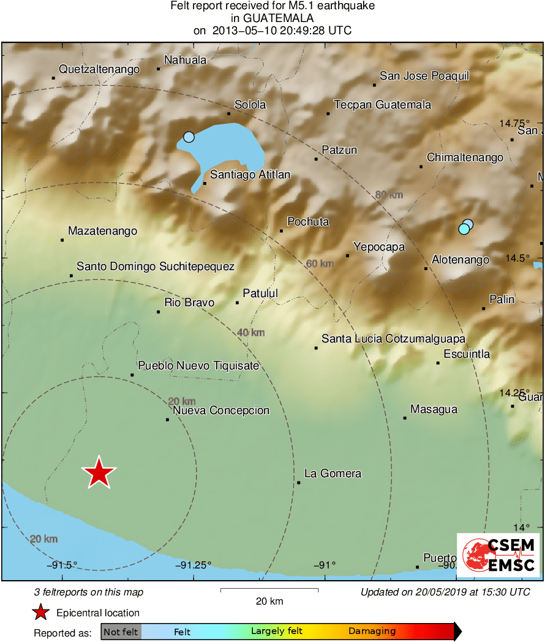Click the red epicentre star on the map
[x=99, y=472]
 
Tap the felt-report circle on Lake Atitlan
[x=189, y=137]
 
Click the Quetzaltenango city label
[x=99, y=70]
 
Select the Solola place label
[x=250, y=105]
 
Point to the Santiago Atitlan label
[x=250, y=175]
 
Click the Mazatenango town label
[x=102, y=232]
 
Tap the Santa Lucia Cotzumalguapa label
[x=394, y=339]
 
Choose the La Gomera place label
[x=333, y=474]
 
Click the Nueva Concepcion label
[x=221, y=410]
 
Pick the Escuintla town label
[x=467, y=354]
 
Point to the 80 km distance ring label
[x=389, y=195]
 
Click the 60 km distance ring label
[x=320, y=264]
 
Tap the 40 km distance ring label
[x=250, y=333]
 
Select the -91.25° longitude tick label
[x=194, y=565]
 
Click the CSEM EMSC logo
[x=498, y=555]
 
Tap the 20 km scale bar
[x=269, y=591]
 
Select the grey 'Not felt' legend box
[x=121, y=632]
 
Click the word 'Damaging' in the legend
[x=372, y=632]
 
